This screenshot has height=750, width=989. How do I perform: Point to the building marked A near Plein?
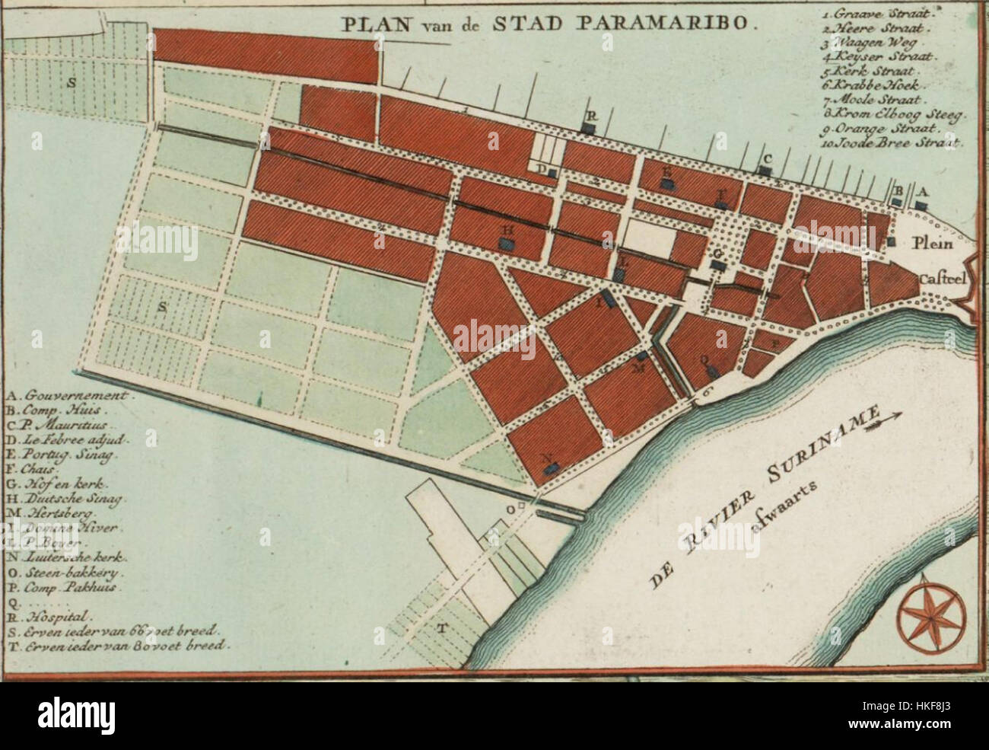coord(921,205)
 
